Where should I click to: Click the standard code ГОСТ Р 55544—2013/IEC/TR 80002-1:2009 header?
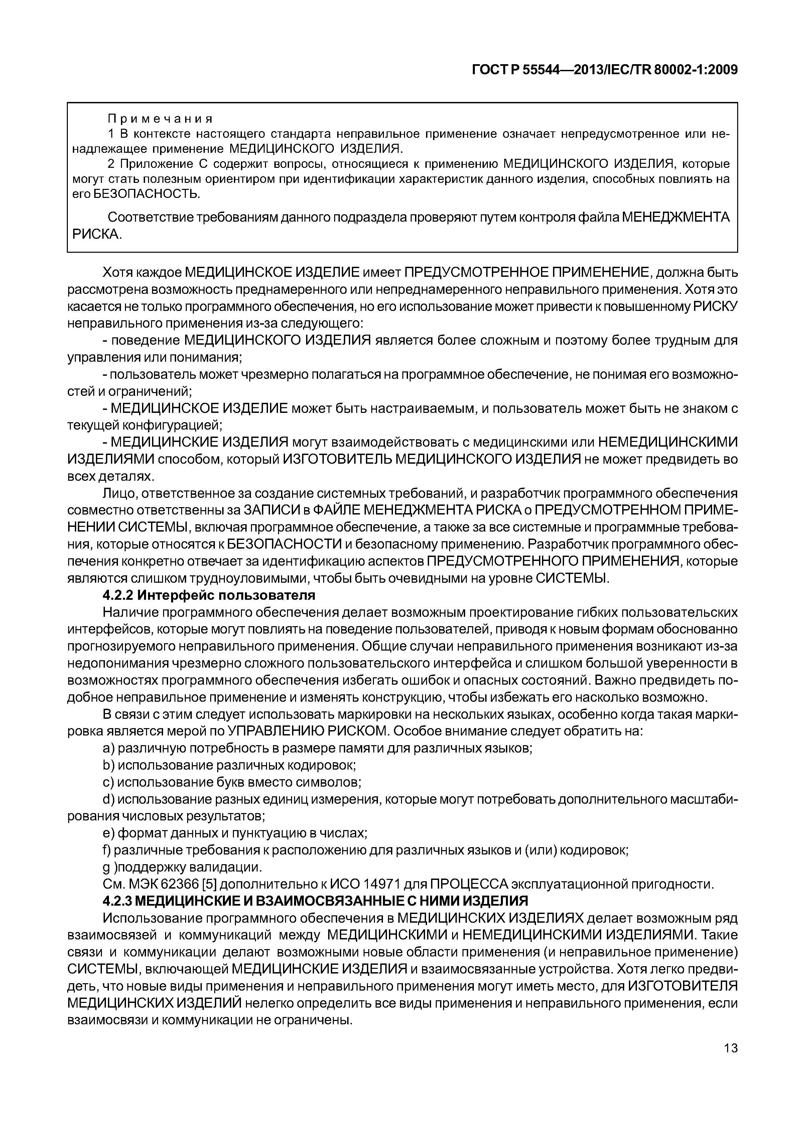[604, 70]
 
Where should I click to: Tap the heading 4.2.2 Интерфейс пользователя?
[209, 595]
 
